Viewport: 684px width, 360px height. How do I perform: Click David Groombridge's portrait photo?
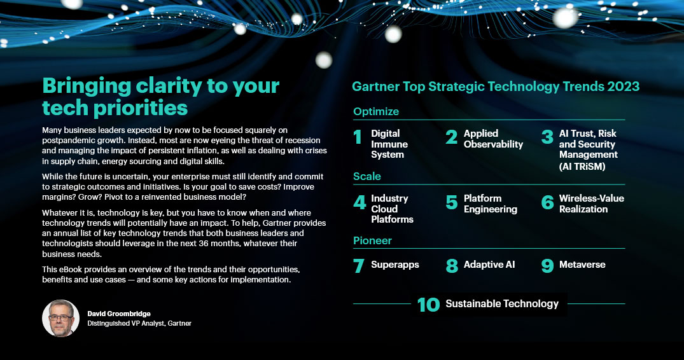click(60, 318)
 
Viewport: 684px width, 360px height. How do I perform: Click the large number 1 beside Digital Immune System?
click(358, 137)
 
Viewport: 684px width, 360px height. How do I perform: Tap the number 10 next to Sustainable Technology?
click(428, 305)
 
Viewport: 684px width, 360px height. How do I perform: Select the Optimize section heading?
click(376, 111)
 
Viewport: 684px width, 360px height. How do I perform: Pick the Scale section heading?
click(367, 176)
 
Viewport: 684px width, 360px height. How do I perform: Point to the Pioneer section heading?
click(372, 240)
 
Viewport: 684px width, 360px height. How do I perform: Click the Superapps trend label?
click(394, 265)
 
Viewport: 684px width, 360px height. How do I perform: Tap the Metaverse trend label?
click(582, 265)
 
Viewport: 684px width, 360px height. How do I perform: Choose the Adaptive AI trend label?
click(489, 265)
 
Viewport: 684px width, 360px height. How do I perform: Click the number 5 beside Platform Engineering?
click(452, 202)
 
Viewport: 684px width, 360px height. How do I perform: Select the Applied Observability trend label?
click(493, 139)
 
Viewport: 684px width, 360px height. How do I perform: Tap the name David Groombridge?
click(118, 314)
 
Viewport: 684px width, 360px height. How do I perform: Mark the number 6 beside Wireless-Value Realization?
click(547, 202)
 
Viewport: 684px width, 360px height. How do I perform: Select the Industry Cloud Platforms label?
click(392, 209)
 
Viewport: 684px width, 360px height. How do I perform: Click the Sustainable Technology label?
click(501, 304)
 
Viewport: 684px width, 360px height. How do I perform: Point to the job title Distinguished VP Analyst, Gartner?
click(139, 323)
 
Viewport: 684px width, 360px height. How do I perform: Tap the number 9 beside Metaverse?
click(547, 265)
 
